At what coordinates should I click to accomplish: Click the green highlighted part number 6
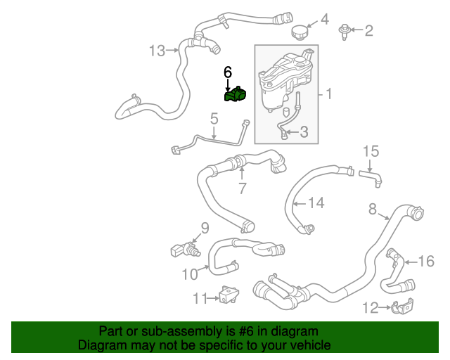(x=236, y=95)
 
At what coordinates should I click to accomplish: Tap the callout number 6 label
(x=227, y=72)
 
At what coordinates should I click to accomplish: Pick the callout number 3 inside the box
(x=304, y=131)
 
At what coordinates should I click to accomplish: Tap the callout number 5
(x=214, y=121)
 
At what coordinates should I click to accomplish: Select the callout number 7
(x=242, y=188)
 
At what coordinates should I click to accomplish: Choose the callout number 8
(x=373, y=207)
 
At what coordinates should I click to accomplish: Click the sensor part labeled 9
(x=181, y=249)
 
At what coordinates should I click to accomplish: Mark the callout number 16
(x=427, y=262)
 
